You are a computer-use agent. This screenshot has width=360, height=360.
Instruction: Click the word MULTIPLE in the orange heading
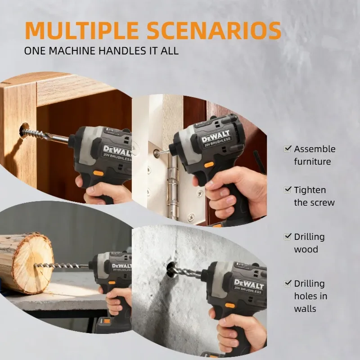82,31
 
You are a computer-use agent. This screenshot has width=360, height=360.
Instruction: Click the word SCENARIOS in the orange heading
214,31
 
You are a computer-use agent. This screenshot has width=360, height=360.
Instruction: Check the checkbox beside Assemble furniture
288,149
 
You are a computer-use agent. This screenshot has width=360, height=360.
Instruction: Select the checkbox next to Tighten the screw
288,190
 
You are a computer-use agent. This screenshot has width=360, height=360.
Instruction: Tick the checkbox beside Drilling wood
288,237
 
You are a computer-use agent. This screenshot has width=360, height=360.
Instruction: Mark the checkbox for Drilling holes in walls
288,283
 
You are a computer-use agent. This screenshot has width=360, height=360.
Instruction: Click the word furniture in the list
312,162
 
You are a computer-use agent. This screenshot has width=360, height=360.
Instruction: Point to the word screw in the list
323,203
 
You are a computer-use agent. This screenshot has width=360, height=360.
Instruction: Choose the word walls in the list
305,309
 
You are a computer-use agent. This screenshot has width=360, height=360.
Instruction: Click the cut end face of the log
33,264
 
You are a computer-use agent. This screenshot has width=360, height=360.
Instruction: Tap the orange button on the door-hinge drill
209,165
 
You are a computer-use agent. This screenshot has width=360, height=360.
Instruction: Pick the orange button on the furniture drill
98,173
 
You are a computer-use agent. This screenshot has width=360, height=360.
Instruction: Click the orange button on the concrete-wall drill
230,306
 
